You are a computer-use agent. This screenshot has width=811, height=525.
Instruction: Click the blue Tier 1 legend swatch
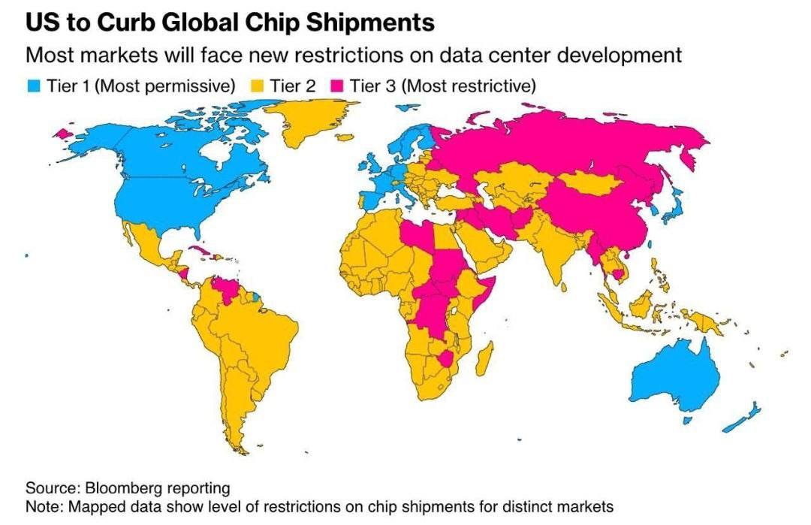pos(33,86)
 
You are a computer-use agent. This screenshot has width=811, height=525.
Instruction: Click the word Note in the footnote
pos(44,506)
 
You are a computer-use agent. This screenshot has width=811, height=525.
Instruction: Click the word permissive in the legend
pos(192,86)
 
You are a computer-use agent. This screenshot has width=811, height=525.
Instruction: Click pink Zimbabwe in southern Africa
pos(449,358)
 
